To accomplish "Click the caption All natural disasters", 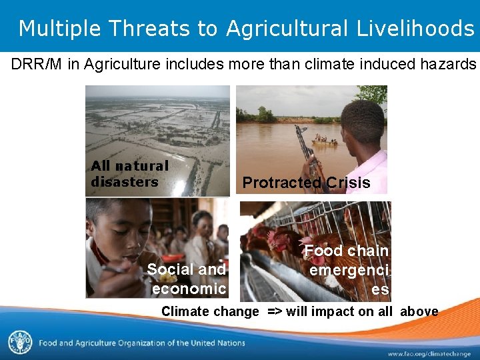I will [x=129, y=174].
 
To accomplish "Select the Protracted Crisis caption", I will [x=306, y=183].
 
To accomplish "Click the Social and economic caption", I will [x=187, y=279].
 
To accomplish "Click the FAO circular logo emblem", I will [x=19, y=342].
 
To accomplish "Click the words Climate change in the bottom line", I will [x=209, y=311].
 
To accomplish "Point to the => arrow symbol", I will [x=275, y=311].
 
